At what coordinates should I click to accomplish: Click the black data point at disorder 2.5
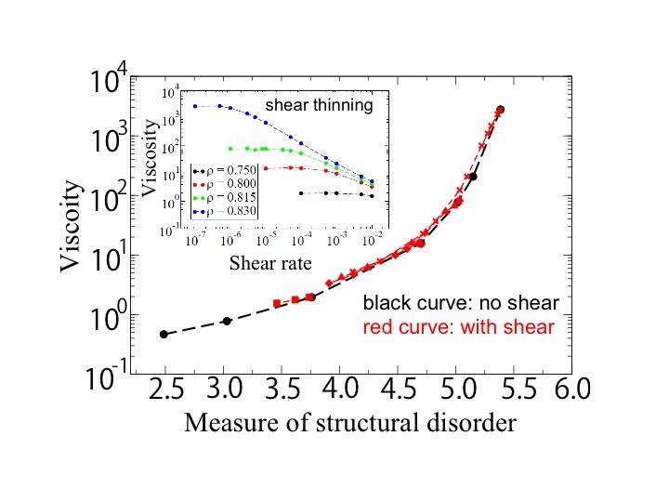[164, 334]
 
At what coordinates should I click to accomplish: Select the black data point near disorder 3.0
[227, 321]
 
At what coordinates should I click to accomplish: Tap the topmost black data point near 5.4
[501, 110]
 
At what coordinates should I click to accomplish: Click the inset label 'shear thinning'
[319, 105]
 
